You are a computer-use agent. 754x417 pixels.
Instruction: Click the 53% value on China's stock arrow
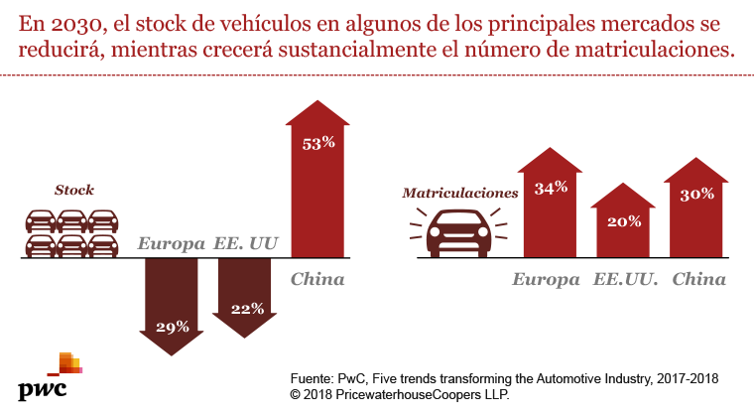click(x=318, y=143)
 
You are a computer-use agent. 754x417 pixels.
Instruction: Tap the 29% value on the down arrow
click(x=173, y=326)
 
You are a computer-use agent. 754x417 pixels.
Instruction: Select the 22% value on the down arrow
click(x=246, y=309)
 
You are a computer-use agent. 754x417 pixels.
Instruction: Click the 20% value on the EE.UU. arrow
click(x=624, y=221)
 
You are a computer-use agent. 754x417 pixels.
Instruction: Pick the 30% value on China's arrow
click(x=696, y=195)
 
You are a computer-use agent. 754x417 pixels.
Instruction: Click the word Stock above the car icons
click(x=74, y=190)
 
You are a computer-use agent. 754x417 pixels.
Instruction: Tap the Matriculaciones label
click(x=459, y=195)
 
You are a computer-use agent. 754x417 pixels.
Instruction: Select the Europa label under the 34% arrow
click(x=546, y=279)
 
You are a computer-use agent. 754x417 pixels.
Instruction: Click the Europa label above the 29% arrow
click(x=172, y=243)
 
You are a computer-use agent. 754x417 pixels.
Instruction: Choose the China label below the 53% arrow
click(x=317, y=279)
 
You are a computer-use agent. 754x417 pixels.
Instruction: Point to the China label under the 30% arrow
click(x=699, y=279)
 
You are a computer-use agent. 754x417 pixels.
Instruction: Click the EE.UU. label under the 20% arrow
click(x=627, y=279)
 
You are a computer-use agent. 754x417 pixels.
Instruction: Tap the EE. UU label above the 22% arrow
click(x=245, y=243)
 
